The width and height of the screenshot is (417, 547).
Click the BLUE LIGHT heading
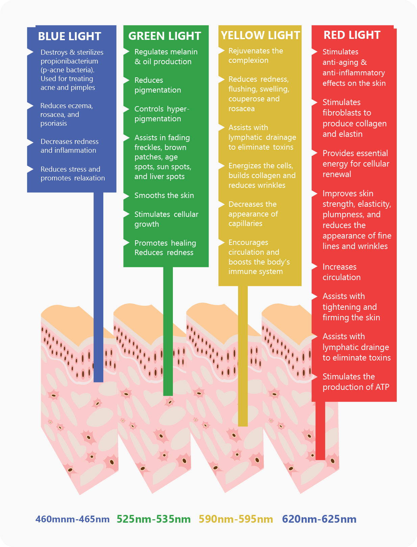70,36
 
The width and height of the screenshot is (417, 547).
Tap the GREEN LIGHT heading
164,36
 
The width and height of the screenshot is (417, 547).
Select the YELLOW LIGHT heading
260,35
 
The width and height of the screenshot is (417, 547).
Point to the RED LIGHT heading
352,35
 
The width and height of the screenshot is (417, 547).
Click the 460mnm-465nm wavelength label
73,519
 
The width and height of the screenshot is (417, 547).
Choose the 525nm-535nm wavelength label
154,519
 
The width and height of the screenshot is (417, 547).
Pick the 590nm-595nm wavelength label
236,519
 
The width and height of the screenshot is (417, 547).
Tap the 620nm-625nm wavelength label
319,519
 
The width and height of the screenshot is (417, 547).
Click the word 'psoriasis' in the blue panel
54,123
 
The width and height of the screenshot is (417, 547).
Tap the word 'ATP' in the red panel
382,387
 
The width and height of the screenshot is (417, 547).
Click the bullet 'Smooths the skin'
164,195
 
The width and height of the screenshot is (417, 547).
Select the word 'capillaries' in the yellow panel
245,223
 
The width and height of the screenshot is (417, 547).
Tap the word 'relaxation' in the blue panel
89,178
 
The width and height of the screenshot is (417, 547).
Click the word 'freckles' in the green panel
147,147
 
